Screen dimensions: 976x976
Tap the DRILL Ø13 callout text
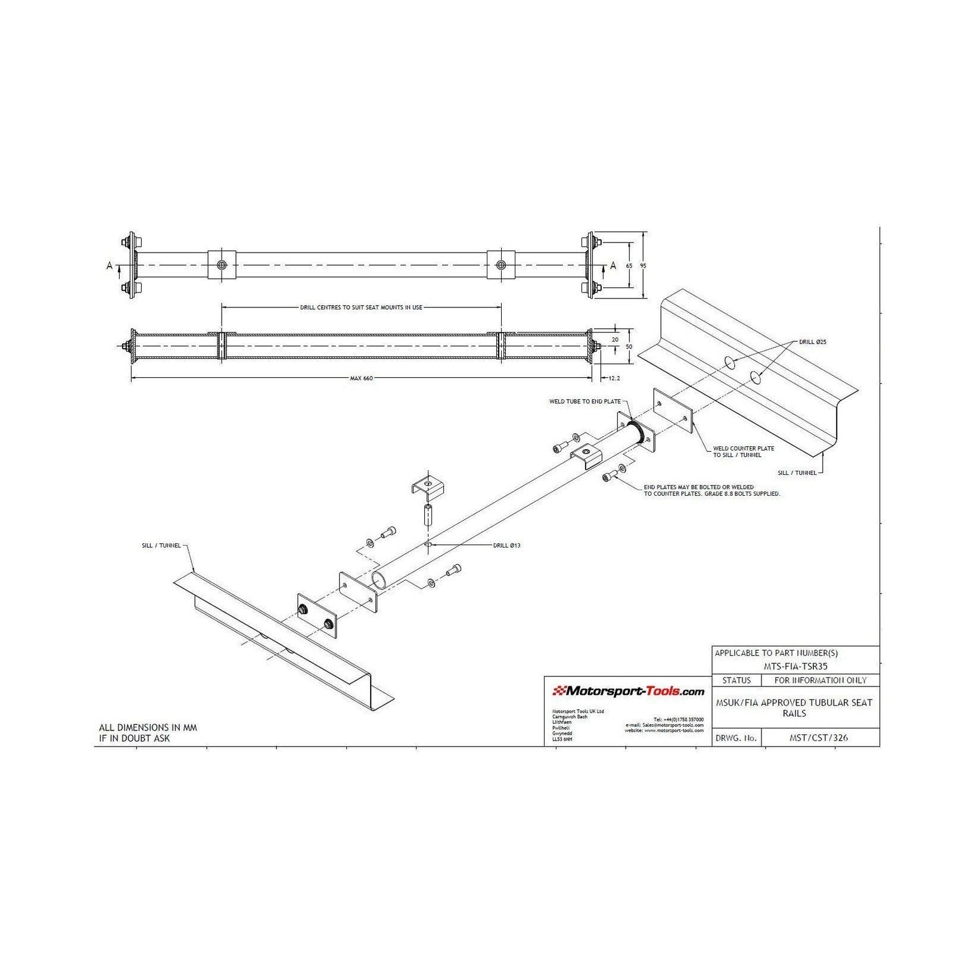click(x=506, y=545)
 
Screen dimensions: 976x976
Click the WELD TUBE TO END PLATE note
click(x=585, y=402)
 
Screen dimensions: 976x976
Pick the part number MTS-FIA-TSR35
click(x=795, y=667)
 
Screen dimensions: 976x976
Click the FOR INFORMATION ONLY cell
click(x=820, y=680)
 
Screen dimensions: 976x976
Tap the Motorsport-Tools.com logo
click(x=629, y=691)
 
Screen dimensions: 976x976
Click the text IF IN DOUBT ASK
click(x=134, y=738)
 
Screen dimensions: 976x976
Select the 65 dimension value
click(x=629, y=266)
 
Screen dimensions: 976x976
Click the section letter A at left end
click(x=109, y=266)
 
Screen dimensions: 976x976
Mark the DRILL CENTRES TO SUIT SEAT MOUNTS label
click(x=361, y=308)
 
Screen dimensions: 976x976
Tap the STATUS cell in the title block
click(x=736, y=680)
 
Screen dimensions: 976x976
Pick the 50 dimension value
click(x=629, y=346)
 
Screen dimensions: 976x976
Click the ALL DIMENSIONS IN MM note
click(x=147, y=728)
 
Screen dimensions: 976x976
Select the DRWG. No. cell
click(x=736, y=738)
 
